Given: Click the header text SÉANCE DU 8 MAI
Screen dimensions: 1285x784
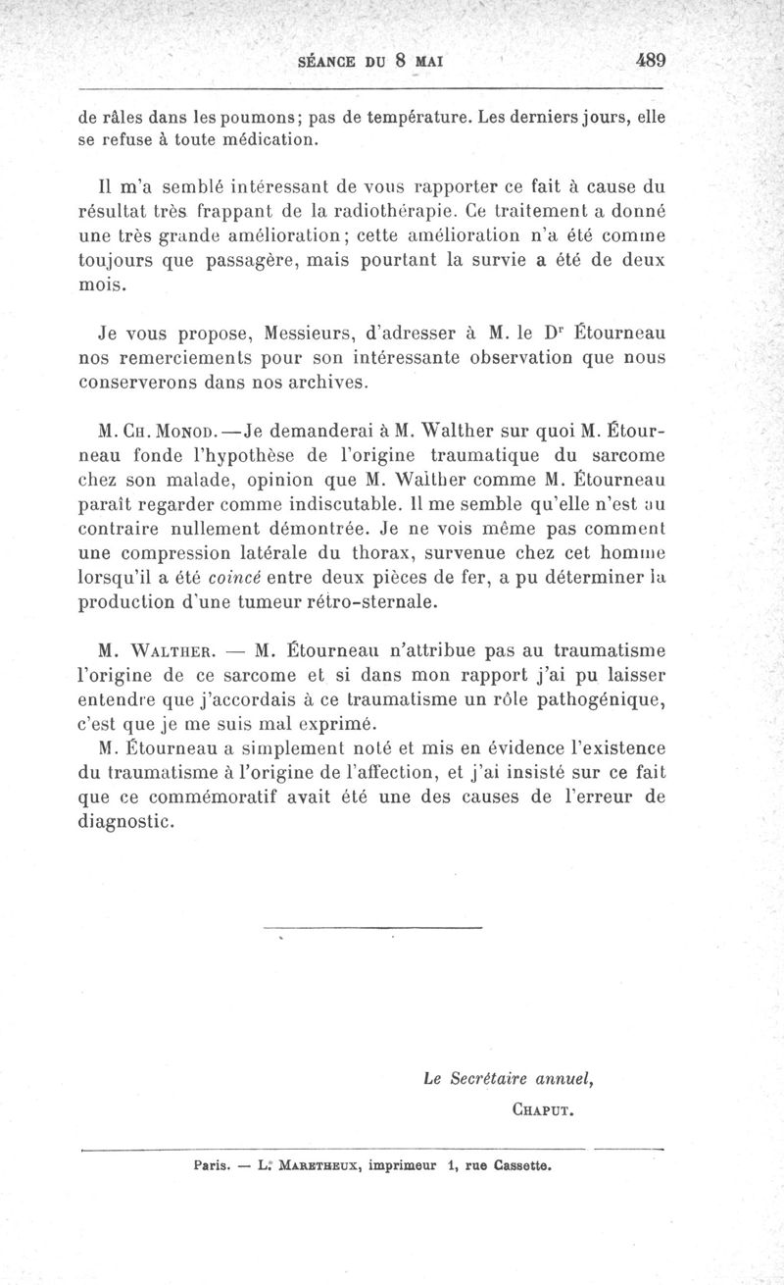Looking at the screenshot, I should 371,60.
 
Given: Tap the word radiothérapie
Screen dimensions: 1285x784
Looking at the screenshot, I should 380,210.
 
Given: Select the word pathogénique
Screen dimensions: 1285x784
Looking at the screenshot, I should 600,698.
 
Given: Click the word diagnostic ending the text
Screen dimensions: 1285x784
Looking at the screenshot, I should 126,822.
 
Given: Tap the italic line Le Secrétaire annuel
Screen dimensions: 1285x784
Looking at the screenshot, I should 510,1079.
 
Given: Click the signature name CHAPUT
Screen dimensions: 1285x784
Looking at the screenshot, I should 543,1112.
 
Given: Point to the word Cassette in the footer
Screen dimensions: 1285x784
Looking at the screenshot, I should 525,1167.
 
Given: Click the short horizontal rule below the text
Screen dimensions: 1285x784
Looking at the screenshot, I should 373,928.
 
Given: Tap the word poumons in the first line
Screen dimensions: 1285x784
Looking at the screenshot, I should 257,117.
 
